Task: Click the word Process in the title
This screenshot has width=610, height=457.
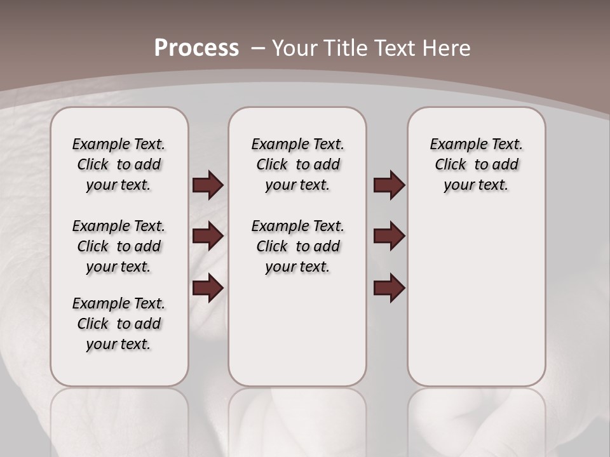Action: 196,48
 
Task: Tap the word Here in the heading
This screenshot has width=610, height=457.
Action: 447,48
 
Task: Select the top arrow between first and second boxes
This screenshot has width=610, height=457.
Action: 208,185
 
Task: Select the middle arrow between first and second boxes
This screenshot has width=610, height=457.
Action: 208,236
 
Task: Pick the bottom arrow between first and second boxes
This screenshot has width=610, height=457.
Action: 208,288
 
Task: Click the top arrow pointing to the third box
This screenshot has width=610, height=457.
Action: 389,185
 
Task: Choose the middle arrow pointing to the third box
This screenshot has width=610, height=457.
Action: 389,236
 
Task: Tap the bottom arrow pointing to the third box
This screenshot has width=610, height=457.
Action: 389,288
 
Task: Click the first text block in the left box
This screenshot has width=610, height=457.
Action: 119,164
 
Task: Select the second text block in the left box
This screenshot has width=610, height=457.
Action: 119,246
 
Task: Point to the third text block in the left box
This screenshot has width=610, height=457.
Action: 119,324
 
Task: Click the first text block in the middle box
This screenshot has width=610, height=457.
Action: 297,164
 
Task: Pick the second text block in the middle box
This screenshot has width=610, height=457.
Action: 297,246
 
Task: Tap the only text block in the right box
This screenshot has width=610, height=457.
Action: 476,164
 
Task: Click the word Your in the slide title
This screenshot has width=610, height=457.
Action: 295,48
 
